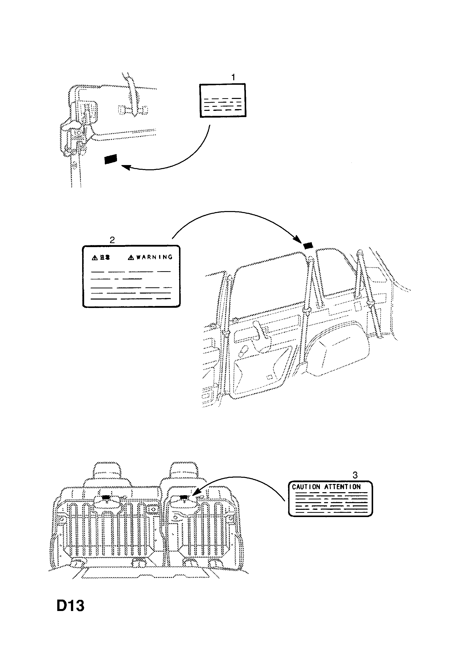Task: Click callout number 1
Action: [233, 77]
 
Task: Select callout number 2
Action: [112, 240]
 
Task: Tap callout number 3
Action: [355, 475]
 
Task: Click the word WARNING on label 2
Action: [154, 257]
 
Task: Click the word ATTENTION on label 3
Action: [342, 487]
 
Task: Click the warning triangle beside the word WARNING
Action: [131, 258]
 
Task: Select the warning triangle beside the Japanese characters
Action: [95, 258]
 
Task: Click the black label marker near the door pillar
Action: [111, 159]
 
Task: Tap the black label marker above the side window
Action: [308, 245]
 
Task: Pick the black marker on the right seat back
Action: [184, 497]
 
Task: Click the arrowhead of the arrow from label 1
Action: [125, 167]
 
